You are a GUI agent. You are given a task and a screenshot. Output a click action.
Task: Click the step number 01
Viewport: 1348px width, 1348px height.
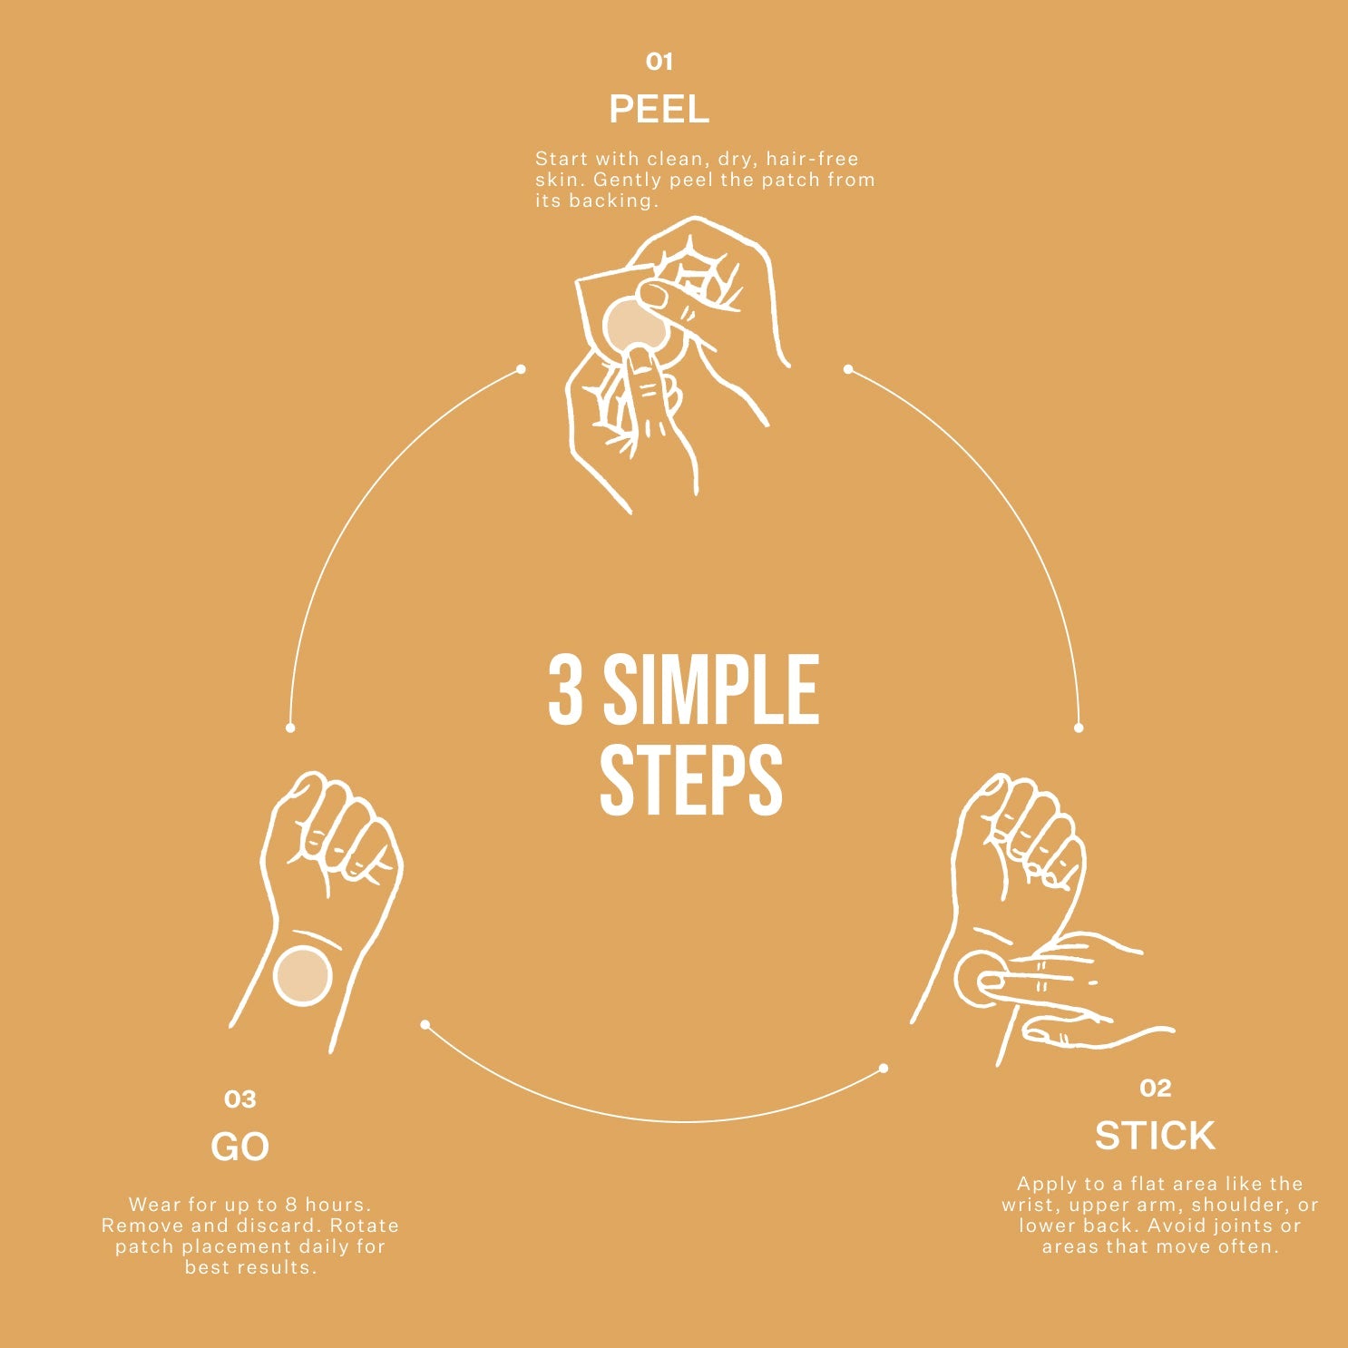(659, 62)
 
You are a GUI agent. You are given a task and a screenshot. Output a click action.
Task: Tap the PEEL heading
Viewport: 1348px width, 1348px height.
(659, 110)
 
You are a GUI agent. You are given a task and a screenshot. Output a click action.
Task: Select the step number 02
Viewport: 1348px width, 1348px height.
(1156, 1088)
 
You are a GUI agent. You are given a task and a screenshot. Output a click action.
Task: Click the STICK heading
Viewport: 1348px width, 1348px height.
(1155, 1136)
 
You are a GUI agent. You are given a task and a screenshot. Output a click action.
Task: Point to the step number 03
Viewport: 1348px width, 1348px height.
(240, 1099)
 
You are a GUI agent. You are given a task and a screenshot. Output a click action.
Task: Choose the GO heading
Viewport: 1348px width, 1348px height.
(240, 1148)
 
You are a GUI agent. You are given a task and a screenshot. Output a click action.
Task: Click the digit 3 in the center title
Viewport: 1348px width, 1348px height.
(565, 690)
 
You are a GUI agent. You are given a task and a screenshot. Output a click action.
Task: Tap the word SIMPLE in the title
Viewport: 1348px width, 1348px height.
(711, 690)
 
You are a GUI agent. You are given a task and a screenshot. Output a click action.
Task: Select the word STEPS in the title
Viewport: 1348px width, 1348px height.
(691, 780)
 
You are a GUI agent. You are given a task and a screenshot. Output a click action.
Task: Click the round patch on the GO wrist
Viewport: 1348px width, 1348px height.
(302, 975)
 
